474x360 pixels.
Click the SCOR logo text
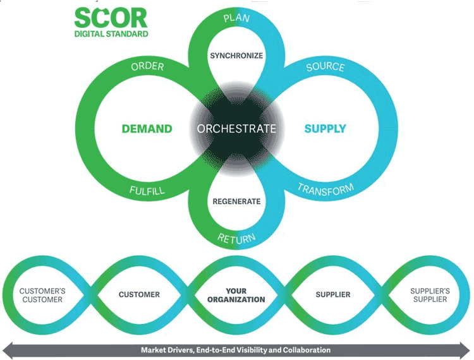pyautogui.click(x=111, y=18)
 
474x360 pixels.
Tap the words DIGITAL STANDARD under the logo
pyautogui.click(x=111, y=34)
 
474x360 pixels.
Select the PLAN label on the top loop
pyautogui.click(x=236, y=18)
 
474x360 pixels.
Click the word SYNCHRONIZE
pyautogui.click(x=236, y=56)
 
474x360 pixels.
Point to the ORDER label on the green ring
pyautogui.click(x=147, y=66)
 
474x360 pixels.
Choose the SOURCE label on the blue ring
pyautogui.click(x=325, y=67)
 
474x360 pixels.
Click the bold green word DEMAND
pyautogui.click(x=147, y=129)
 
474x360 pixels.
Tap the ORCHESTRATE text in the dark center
pyautogui.click(x=236, y=129)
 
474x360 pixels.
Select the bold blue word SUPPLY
pyautogui.click(x=325, y=129)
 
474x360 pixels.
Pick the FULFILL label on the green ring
pyautogui.click(x=147, y=190)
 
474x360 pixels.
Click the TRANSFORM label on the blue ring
pyautogui.click(x=325, y=189)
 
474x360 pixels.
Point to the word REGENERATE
pyautogui.click(x=236, y=201)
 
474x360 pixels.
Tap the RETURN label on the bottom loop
pyautogui.click(x=236, y=239)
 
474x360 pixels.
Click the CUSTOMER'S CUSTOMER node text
pyautogui.click(x=42, y=295)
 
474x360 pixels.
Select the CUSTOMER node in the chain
pyautogui.click(x=139, y=294)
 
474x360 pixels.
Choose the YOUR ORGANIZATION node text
pyautogui.click(x=236, y=295)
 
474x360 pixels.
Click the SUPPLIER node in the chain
pyautogui.click(x=333, y=294)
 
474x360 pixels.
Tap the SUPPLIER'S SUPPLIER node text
pyautogui.click(x=430, y=295)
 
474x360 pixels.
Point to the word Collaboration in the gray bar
pyautogui.click(x=307, y=350)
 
